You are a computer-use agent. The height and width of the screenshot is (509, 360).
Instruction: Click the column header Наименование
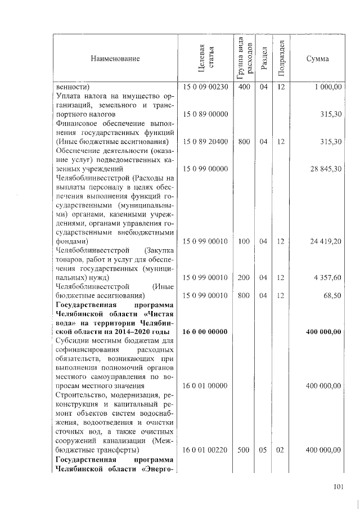point(114,59)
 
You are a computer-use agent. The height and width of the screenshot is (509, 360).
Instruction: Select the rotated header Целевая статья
point(206,58)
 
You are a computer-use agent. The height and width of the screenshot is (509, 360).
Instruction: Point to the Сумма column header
point(318,59)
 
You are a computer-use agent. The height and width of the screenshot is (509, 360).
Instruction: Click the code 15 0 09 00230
point(205,87)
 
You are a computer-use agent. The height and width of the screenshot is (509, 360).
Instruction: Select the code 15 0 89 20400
point(205,142)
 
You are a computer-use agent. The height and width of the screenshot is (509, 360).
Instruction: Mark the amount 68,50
point(332,295)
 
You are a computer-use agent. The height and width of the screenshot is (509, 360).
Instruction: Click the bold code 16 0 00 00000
point(205,332)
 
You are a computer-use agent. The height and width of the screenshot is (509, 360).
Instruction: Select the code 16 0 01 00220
point(205,449)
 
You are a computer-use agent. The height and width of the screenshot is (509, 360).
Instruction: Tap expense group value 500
point(244,449)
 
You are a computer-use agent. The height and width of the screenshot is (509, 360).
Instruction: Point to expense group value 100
point(244,241)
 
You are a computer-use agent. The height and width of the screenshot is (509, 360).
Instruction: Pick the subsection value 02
point(281,449)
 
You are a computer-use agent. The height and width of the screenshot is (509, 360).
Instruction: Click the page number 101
point(337,487)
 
